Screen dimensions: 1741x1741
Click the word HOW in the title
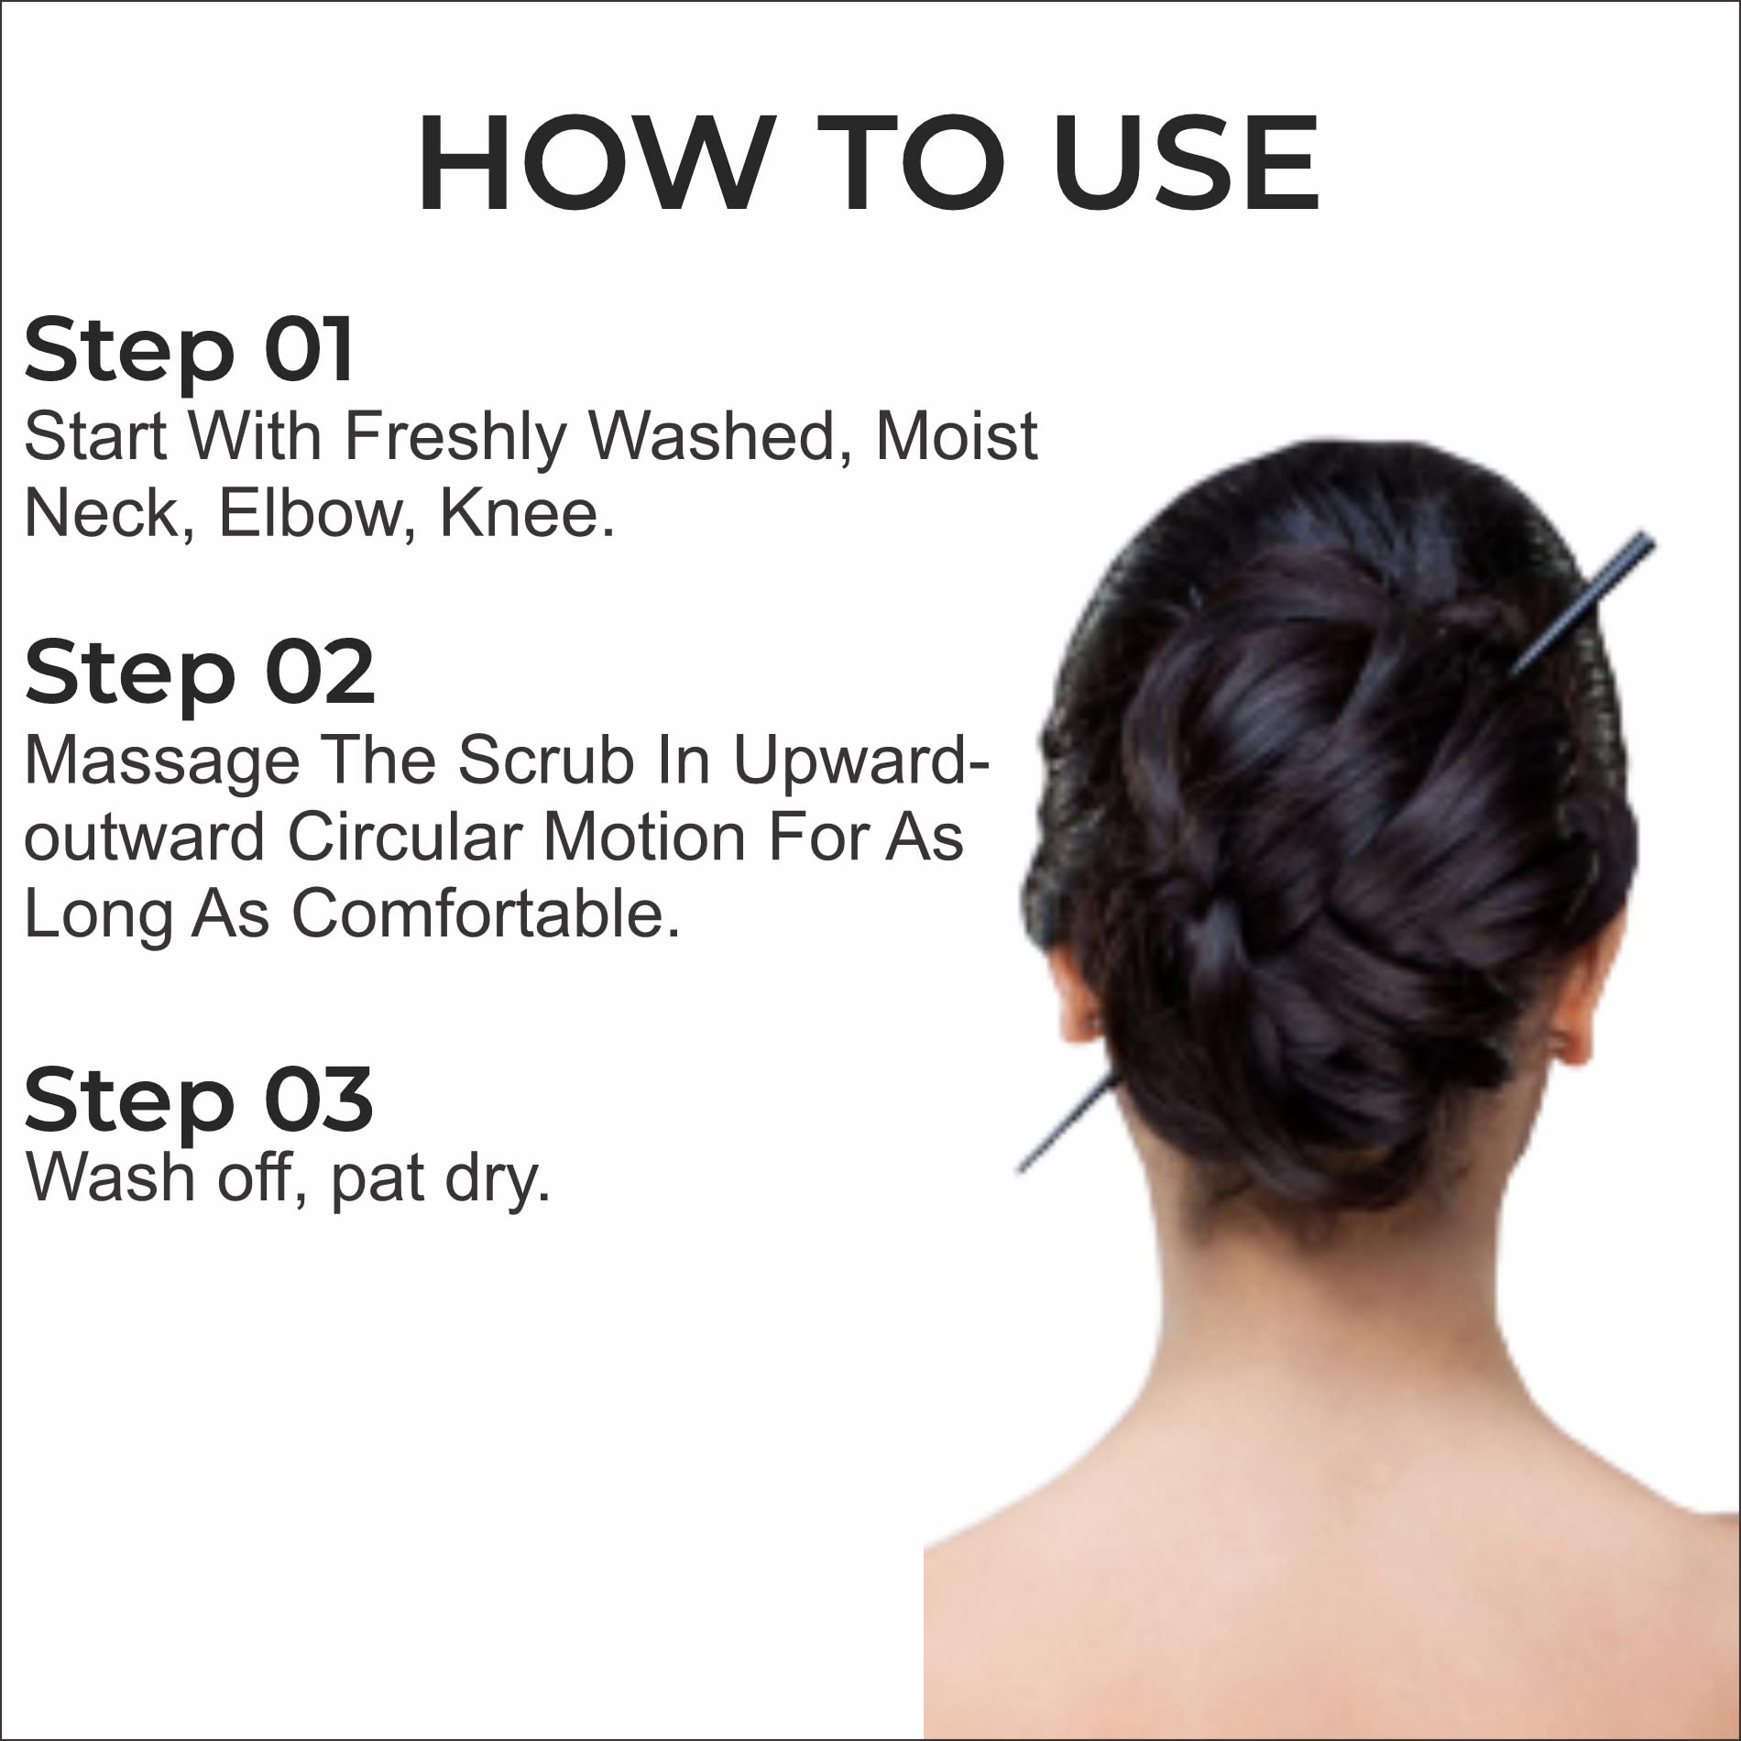click(592, 166)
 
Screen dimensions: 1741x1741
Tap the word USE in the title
click(1186, 166)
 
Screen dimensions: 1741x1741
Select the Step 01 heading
click(189, 350)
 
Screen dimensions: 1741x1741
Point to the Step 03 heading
click(199, 1100)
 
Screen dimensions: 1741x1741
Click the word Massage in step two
click(162, 762)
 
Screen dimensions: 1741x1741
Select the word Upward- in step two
click(862, 762)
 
